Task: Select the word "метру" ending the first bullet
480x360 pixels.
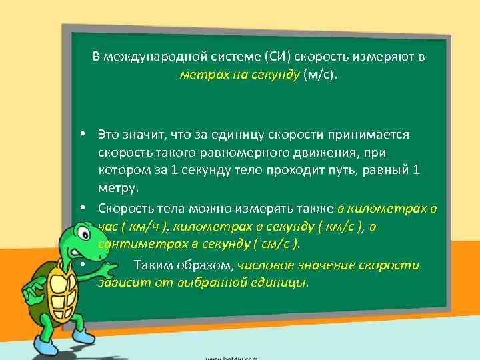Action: pos(117,188)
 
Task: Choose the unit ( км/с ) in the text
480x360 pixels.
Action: pos(342,227)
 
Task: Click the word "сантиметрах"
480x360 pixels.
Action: pos(133,244)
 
